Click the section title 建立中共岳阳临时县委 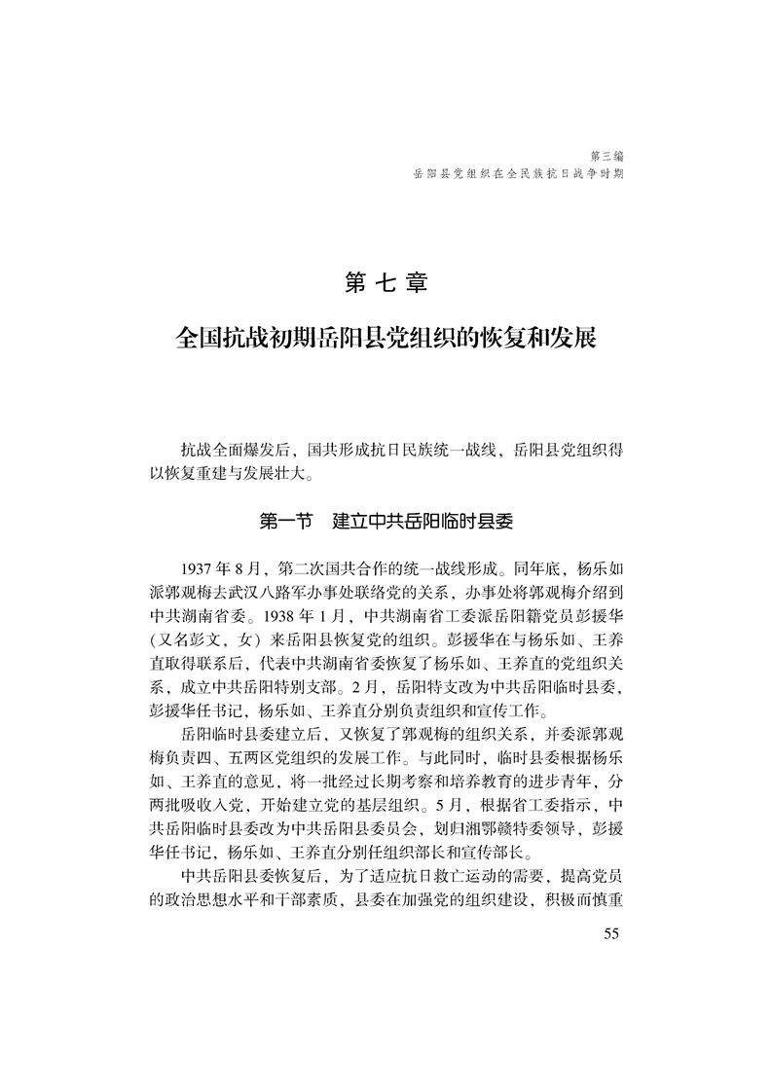[x=423, y=521]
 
